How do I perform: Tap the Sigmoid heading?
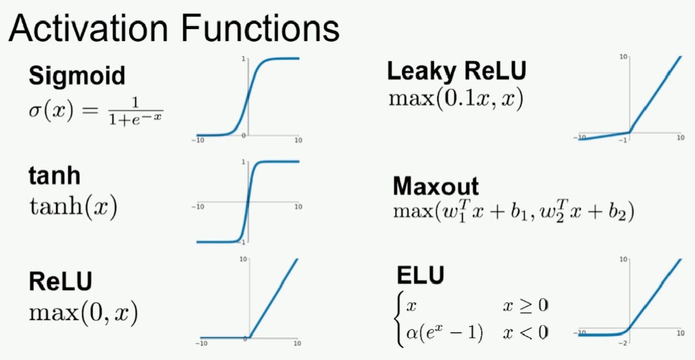[76, 76]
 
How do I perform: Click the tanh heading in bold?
[55, 175]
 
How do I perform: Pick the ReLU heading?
[61, 282]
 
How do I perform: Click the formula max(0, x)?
[83, 313]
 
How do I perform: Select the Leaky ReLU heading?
[457, 72]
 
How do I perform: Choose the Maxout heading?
[435, 186]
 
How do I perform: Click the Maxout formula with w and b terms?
[513, 213]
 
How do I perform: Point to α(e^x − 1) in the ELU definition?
[444, 333]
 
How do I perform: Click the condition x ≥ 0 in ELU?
[525, 305]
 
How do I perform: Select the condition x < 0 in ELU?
[525, 333]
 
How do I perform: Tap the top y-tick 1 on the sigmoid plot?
[243, 59]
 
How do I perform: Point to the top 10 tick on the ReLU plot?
[243, 259]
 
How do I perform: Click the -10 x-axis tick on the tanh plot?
[198, 206]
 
